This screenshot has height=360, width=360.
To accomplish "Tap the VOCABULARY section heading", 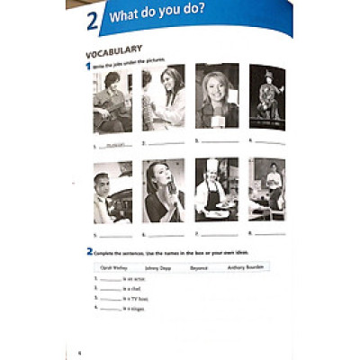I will [113, 50].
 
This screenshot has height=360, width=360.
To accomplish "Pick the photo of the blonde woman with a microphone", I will [216, 96].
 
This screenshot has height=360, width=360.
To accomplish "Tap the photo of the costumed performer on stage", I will [266, 96].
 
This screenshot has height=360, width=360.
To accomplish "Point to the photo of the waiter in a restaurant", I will [266, 189].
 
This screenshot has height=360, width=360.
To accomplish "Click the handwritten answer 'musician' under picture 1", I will [112, 143].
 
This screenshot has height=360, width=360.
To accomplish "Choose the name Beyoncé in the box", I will [200, 267].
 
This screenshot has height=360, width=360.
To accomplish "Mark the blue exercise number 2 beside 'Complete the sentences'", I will [90, 251].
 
